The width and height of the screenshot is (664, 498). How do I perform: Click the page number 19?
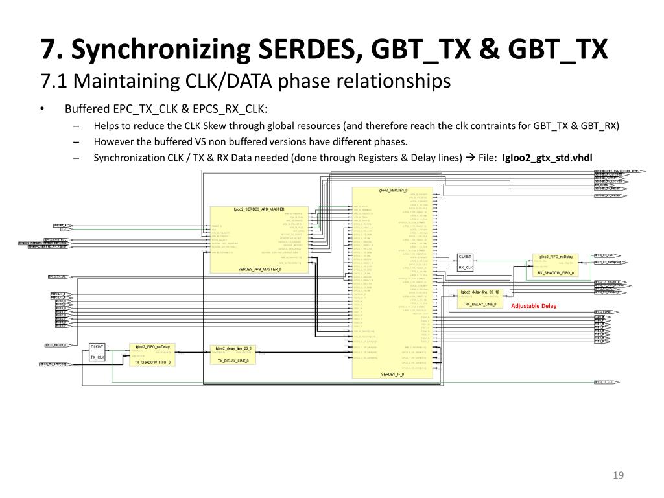point(618,476)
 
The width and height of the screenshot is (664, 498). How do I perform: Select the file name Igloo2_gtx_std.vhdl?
point(547,157)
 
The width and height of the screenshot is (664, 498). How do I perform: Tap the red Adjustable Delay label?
point(534,306)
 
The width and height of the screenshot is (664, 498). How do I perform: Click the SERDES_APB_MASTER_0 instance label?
point(259,269)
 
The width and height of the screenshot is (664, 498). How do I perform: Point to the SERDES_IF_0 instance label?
point(392,375)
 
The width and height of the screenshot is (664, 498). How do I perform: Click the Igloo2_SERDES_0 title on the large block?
point(392,191)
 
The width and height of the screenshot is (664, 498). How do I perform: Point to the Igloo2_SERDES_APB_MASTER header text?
point(259,209)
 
